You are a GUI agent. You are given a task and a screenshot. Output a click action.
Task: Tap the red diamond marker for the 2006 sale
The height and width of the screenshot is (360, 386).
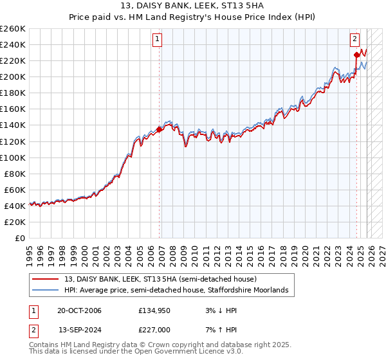(159, 129)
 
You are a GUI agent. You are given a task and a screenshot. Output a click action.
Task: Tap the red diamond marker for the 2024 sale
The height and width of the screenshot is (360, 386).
(356, 55)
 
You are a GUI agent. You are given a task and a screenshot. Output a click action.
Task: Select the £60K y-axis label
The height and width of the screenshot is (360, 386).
(15, 190)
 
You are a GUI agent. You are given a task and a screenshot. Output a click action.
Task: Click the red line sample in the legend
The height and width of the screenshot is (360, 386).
(46, 279)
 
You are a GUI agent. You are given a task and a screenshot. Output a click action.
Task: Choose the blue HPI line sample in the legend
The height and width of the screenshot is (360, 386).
(46, 291)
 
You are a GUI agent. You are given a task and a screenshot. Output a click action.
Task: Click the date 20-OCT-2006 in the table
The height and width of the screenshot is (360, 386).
(79, 311)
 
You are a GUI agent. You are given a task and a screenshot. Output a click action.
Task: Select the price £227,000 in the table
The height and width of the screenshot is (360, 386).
(154, 329)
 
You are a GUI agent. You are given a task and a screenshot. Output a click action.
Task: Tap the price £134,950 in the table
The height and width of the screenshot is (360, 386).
(154, 311)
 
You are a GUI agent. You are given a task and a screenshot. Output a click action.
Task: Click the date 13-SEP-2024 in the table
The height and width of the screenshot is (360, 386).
(79, 329)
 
